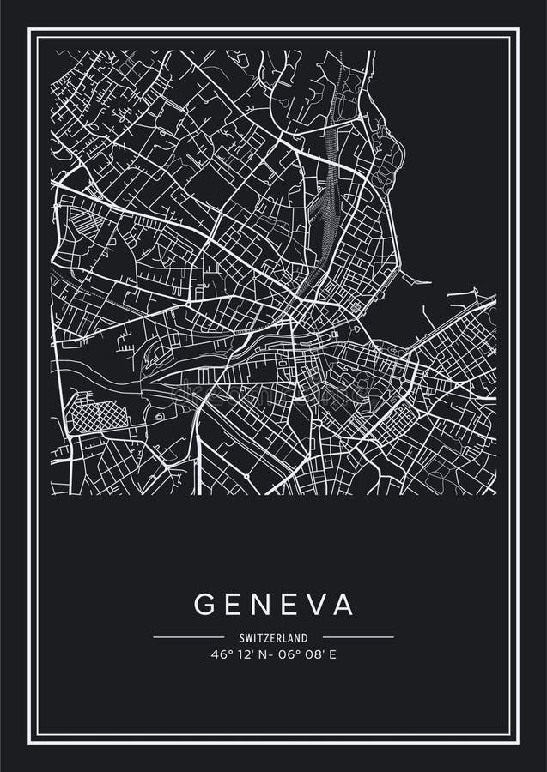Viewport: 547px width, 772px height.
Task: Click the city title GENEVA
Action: (x=273, y=605)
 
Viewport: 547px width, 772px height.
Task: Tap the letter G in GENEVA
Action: (x=204, y=605)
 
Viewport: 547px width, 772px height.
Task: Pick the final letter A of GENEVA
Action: (x=343, y=605)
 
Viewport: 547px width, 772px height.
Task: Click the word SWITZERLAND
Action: (x=273, y=637)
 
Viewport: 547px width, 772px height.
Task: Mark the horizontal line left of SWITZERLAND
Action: (x=187, y=637)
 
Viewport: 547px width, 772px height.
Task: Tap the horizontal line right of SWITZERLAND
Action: (x=358, y=637)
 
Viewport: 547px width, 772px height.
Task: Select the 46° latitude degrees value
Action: (x=221, y=654)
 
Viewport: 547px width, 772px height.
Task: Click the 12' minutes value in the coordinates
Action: (x=243, y=654)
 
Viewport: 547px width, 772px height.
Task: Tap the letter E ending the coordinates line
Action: (x=331, y=654)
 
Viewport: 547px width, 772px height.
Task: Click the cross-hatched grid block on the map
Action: (x=96, y=416)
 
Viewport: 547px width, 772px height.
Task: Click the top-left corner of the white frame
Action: (x=30, y=30)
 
